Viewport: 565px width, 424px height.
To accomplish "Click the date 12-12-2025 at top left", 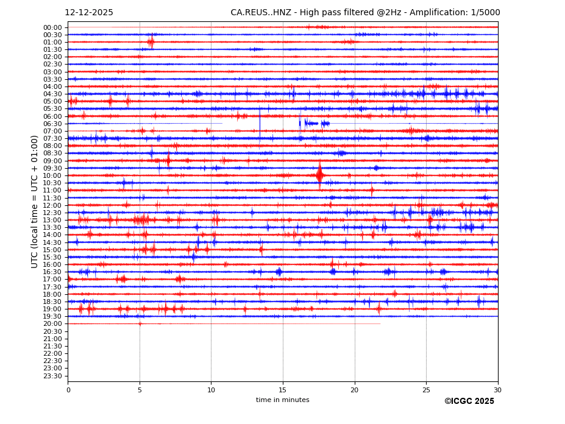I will click(x=89, y=13).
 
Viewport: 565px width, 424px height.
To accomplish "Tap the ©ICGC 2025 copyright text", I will click(x=469, y=401).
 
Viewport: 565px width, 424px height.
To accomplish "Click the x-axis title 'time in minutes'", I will click(x=282, y=400).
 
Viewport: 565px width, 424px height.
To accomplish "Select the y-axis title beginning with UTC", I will click(x=35, y=202).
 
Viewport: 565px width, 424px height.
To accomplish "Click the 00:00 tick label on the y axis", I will click(x=52, y=27).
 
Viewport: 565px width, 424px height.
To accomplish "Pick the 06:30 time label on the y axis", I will click(x=52, y=124).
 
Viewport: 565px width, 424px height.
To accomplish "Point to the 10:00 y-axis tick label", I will click(x=52, y=175).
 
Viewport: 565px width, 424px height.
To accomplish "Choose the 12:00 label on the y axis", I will click(x=52, y=205).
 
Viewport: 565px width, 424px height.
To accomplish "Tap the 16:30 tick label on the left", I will click(x=52, y=272).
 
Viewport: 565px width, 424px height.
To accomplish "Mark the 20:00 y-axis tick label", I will click(x=52, y=324).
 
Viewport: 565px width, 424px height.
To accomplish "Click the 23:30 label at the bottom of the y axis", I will click(x=52, y=376).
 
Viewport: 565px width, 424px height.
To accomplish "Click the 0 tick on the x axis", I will click(x=68, y=389).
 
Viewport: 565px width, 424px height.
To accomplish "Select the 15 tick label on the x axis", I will click(x=283, y=389).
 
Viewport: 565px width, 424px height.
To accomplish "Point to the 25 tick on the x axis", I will click(x=426, y=389).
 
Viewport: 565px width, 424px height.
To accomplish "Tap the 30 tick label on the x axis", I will click(x=497, y=389).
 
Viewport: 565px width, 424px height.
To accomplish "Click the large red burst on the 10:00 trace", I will click(x=319, y=175).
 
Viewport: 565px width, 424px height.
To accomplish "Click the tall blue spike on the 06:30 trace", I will click(x=260, y=125).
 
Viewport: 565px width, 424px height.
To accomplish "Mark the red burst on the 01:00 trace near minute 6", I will click(x=151, y=42).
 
